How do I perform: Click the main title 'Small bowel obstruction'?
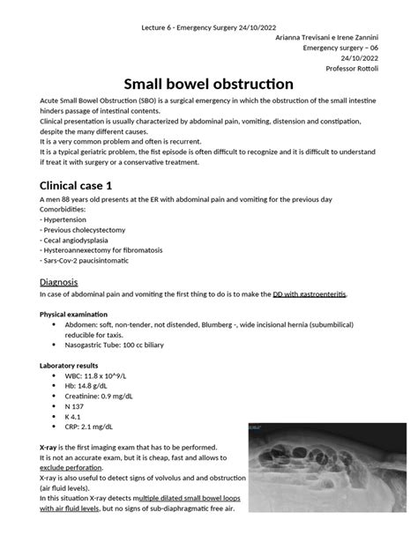click(x=208, y=85)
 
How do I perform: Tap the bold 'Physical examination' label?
click(x=74, y=315)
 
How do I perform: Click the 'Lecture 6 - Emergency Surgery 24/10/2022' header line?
click(x=208, y=8)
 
